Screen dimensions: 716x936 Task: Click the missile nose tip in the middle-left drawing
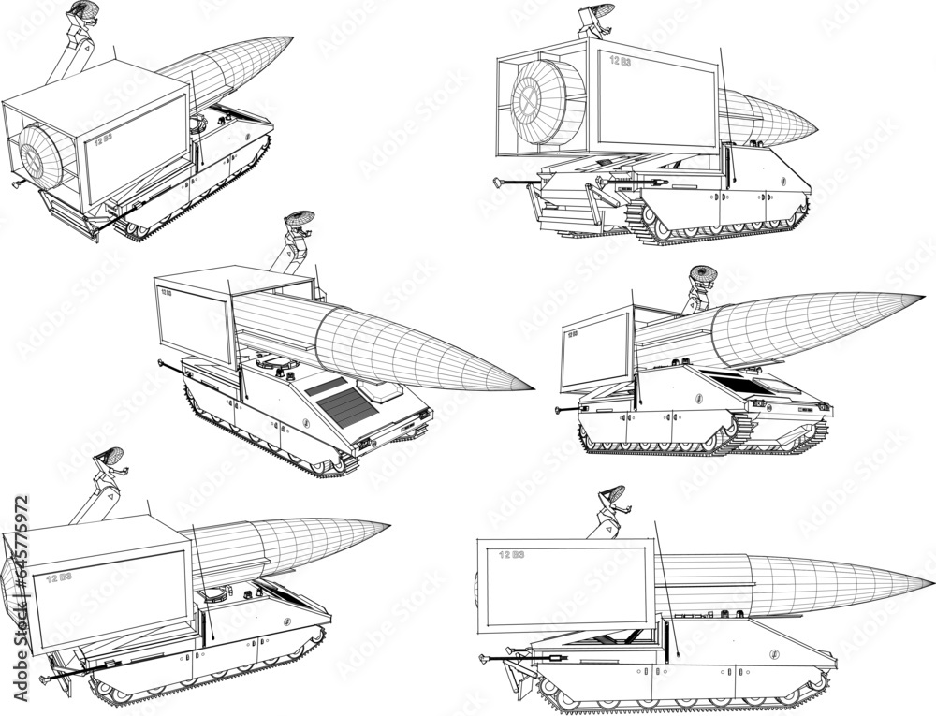(532, 387)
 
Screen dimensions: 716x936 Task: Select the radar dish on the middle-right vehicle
(704, 274)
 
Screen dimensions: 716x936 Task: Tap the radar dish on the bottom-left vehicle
(110, 457)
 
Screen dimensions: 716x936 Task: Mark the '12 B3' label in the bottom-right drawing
(511, 555)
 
